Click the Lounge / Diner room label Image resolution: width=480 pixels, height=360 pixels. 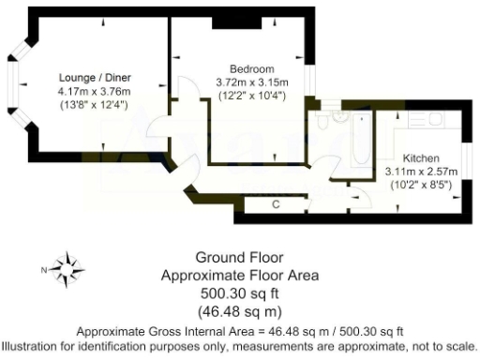click(x=95, y=77)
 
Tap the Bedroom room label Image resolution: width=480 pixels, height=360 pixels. click(x=251, y=69)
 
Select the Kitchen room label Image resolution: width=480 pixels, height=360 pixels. click(x=420, y=158)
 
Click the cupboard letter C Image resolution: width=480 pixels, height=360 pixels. click(x=277, y=203)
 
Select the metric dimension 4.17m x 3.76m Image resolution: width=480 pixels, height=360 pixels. click(x=95, y=91)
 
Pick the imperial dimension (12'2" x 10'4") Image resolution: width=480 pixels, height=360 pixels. click(x=251, y=97)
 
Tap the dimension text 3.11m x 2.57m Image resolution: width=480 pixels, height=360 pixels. click(x=420, y=172)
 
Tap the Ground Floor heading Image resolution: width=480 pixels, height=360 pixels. click(x=239, y=258)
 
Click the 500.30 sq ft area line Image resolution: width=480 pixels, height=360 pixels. click(x=239, y=293)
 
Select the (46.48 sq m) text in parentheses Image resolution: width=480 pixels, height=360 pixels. click(x=239, y=310)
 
